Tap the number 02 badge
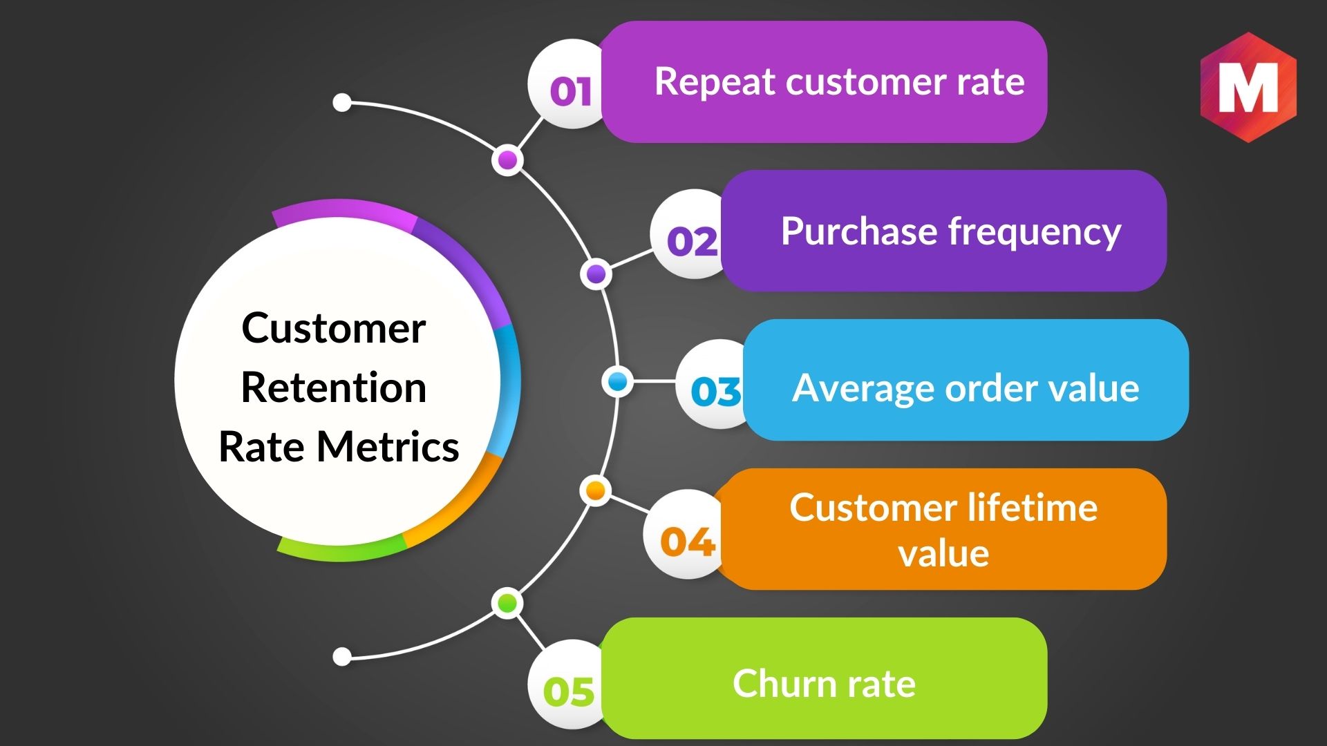[691, 240]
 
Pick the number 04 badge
[686, 541]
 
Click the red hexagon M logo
[1248, 87]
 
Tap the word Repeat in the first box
[715, 82]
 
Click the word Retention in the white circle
[333, 387]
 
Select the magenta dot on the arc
[507, 160]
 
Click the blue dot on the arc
[617, 381]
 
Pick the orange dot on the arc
[595, 490]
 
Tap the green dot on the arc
[507, 603]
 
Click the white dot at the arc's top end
[341, 103]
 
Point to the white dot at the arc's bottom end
[341, 656]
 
